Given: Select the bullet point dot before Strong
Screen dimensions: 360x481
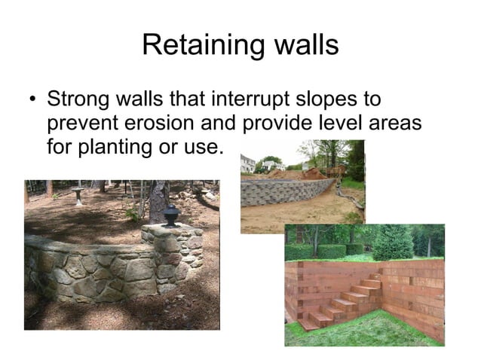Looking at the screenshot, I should tap(32, 100).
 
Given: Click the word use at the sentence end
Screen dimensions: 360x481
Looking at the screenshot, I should tap(204, 146).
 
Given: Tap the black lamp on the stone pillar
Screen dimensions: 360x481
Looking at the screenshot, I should tap(172, 216).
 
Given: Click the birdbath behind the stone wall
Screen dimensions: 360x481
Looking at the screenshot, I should tap(78, 195).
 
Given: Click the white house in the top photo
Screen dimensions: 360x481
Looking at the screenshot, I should tap(248, 163).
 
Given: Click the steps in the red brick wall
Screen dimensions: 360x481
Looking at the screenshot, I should tap(343, 301).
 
